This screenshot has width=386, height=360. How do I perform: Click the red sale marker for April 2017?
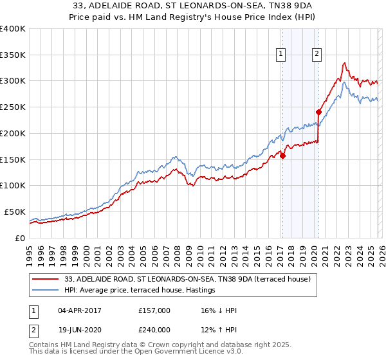click(x=282, y=155)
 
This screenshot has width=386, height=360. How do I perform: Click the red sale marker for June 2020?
click(x=318, y=111)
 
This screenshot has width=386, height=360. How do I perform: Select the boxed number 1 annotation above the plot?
click(x=282, y=55)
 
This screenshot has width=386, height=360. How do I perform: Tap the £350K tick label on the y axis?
click(x=12, y=55)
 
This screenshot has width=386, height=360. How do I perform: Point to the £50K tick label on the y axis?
click(x=14, y=212)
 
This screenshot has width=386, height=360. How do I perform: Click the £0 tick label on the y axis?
click(x=20, y=238)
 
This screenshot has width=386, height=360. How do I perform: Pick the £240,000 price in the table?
click(x=154, y=329)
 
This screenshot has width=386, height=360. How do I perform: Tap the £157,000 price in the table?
click(x=154, y=310)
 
